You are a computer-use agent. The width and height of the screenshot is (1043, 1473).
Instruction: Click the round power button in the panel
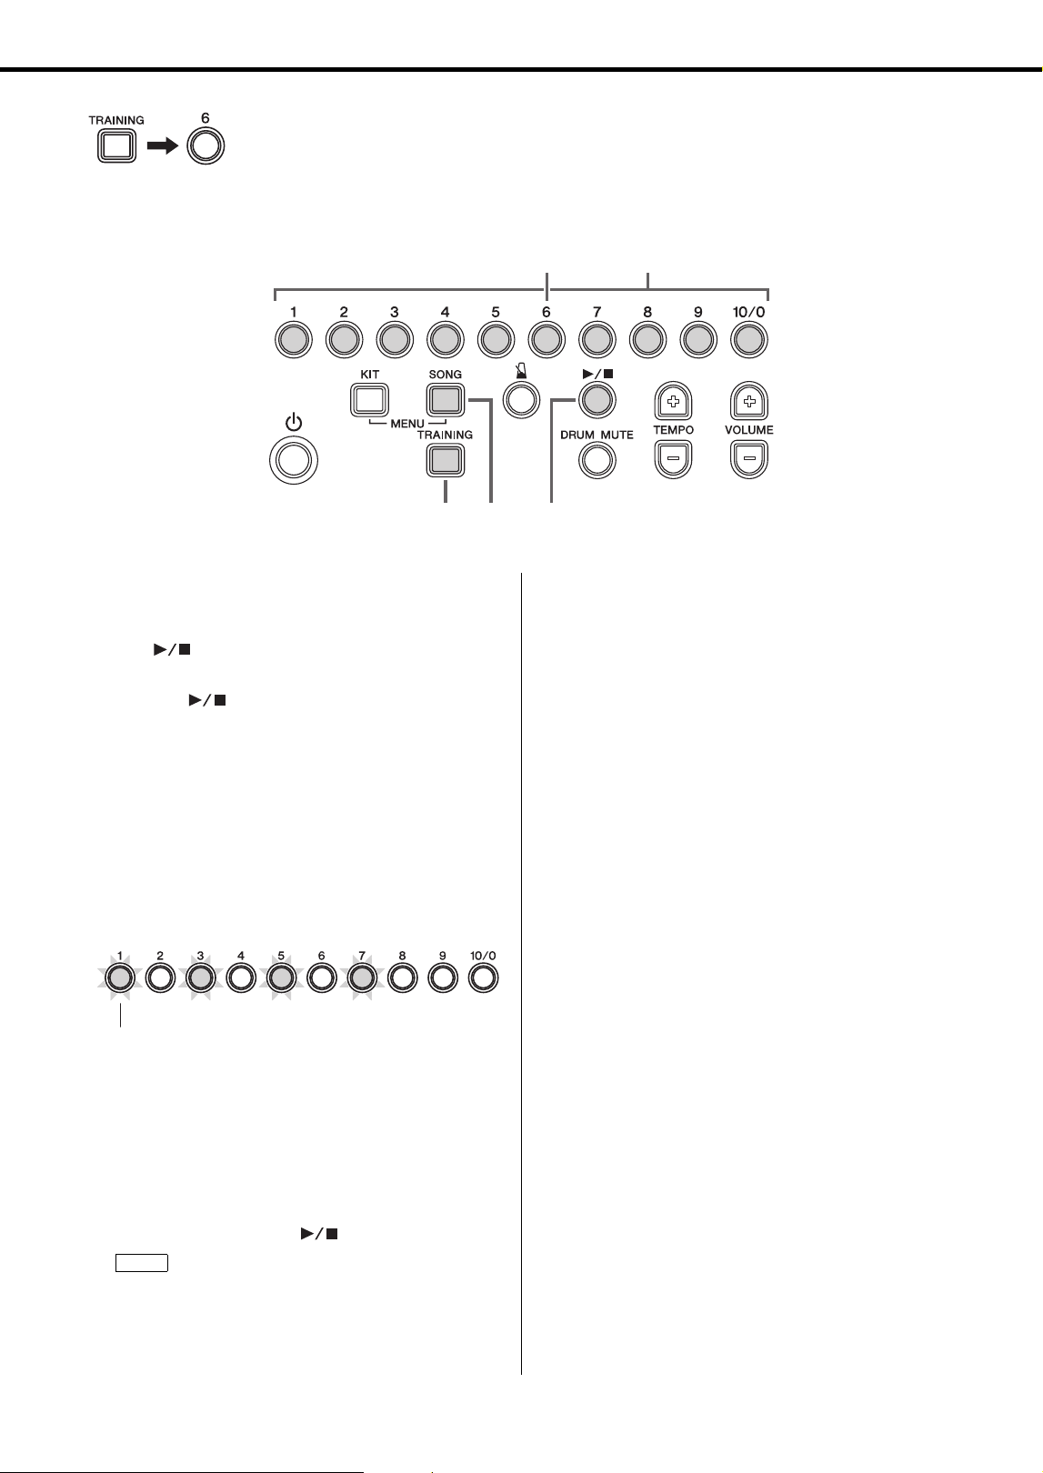(294, 460)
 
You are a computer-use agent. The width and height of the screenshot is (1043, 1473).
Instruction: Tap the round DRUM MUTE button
(597, 460)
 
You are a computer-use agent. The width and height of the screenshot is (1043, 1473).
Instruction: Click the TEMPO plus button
(673, 400)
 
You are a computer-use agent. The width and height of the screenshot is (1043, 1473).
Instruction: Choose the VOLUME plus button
(749, 400)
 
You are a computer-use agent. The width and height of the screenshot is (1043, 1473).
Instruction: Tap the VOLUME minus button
(749, 459)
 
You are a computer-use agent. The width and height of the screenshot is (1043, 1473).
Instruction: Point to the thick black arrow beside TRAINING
(163, 146)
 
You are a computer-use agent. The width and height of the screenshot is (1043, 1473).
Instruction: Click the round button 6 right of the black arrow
(206, 145)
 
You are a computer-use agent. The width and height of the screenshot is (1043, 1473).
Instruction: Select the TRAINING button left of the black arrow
(117, 145)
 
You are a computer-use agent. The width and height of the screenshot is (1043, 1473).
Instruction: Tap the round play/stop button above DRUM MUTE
(597, 400)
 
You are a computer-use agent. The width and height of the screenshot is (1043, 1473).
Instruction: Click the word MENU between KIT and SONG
(407, 424)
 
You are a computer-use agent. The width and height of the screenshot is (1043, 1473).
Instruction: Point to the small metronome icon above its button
(522, 375)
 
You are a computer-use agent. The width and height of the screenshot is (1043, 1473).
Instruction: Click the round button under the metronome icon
(521, 400)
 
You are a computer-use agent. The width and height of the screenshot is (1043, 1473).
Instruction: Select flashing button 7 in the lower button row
(362, 977)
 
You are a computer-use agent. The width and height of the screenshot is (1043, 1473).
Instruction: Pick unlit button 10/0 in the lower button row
(484, 977)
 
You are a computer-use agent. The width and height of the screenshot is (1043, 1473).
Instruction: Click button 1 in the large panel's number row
(294, 339)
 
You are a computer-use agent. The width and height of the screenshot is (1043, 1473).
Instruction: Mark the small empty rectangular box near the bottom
(141, 1263)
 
